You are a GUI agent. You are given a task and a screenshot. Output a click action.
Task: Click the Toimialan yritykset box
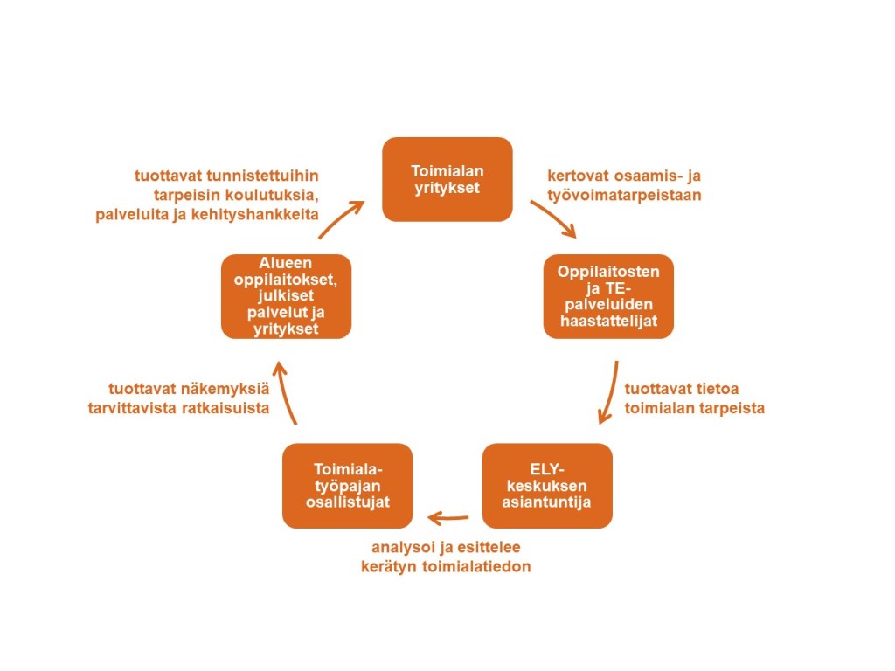pyautogui.click(x=447, y=178)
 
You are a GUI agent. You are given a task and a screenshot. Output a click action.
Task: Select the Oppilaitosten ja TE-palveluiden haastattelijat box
pyautogui.click(x=608, y=296)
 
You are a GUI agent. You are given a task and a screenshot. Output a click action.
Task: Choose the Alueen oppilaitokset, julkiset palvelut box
pyautogui.click(x=286, y=296)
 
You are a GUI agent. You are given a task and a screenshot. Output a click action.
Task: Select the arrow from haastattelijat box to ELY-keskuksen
pyautogui.click(x=610, y=393)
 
